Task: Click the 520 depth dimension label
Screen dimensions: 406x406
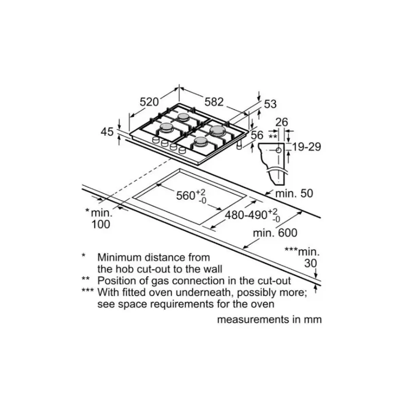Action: (149, 102)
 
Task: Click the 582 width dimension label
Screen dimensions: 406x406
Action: (214, 102)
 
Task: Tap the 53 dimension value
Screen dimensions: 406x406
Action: (270, 104)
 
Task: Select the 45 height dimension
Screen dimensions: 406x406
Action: (107, 131)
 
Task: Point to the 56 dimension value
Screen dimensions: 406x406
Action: (257, 135)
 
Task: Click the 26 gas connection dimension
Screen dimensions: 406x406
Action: (282, 122)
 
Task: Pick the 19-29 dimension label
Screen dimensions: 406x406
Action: (307, 147)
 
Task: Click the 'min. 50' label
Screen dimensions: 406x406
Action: (294, 194)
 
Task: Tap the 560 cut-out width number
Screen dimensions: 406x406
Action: (186, 195)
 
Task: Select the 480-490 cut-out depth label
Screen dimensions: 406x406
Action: (246, 215)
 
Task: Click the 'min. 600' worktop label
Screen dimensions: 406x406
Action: (275, 233)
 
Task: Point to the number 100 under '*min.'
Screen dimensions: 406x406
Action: (101, 224)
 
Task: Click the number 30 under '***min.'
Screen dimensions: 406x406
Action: (311, 263)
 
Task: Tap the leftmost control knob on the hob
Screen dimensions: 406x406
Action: (156, 140)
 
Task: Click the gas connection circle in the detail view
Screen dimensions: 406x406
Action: (279, 150)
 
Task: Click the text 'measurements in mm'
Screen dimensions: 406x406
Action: (269, 319)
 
